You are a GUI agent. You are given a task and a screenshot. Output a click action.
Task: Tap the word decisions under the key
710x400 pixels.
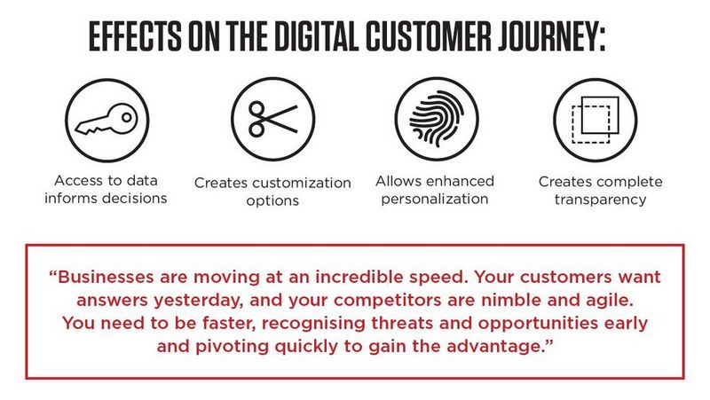pyautogui.click(x=133, y=198)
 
